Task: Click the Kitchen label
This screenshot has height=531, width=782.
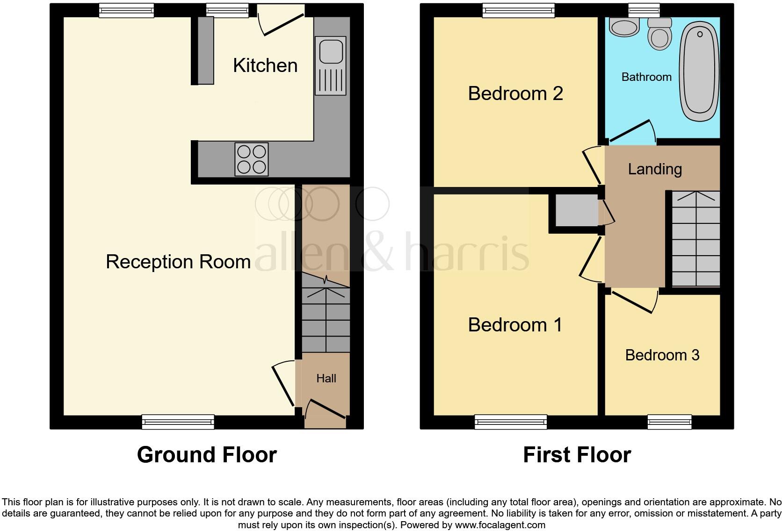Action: (x=265, y=65)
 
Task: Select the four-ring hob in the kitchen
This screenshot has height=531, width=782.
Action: (x=252, y=159)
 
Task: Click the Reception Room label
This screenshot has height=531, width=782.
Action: (x=178, y=262)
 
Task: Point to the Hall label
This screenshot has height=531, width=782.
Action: (x=326, y=379)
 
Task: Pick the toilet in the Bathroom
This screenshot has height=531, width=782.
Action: (x=659, y=34)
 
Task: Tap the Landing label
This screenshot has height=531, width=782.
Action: (x=654, y=169)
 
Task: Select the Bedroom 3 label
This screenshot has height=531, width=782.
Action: (x=662, y=355)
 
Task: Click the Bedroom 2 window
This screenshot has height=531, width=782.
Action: (x=518, y=10)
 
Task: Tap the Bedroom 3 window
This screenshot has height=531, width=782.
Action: (x=669, y=422)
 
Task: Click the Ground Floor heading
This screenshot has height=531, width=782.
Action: (x=207, y=455)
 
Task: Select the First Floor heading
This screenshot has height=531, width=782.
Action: (x=577, y=455)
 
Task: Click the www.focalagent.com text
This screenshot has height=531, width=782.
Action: (x=500, y=525)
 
